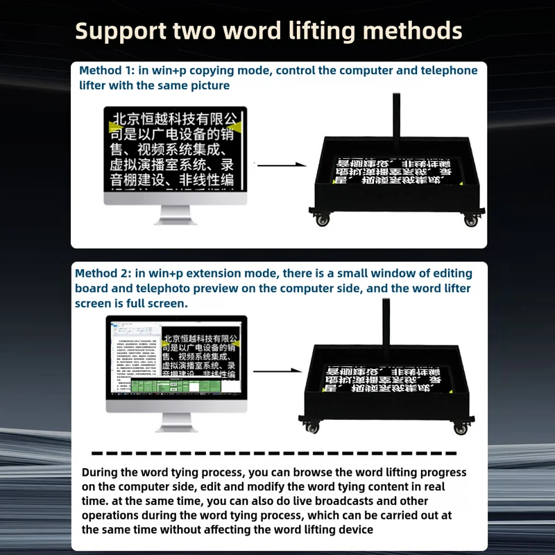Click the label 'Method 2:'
(x=103, y=273)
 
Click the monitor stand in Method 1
(x=176, y=215)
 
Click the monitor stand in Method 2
(x=176, y=422)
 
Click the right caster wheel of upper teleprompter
(x=471, y=220)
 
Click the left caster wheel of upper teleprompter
(x=323, y=220)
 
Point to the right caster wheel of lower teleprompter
(x=461, y=428)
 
